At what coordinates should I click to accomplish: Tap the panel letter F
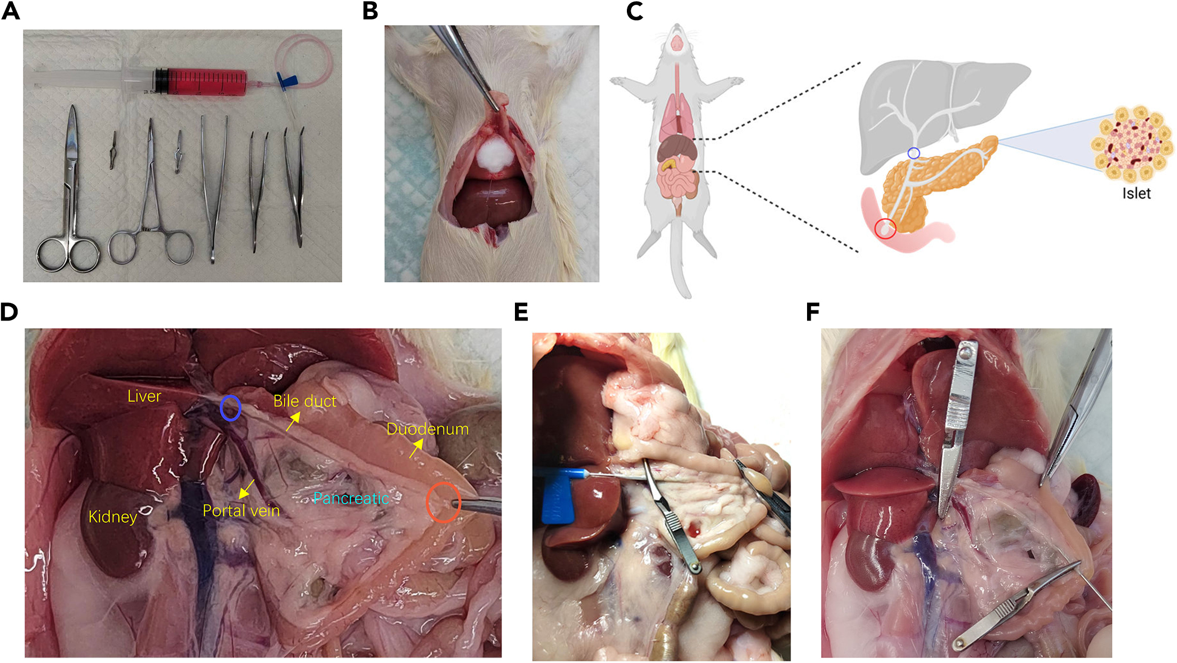[812, 312]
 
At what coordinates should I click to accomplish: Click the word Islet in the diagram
[1136, 193]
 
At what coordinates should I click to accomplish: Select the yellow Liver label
[144, 396]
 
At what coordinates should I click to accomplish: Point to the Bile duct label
[304, 401]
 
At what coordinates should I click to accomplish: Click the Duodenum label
[428, 429]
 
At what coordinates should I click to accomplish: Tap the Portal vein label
[241, 510]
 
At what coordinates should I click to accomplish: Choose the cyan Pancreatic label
[351, 498]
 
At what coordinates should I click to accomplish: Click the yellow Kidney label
[112, 516]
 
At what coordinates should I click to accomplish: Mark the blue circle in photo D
[230, 408]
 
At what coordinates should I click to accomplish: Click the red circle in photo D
[443, 502]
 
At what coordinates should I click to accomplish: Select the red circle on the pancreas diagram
[885, 229]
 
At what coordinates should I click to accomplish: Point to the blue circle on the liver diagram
[914, 154]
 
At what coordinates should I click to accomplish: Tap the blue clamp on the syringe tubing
[287, 82]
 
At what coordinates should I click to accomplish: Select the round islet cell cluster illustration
[1131, 144]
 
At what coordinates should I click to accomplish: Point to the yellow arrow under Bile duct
[292, 423]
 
